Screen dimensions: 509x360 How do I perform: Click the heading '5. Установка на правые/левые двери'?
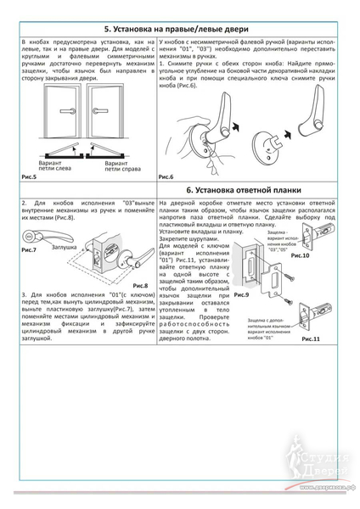point(180,27)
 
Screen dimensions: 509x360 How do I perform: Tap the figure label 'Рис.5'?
point(28,176)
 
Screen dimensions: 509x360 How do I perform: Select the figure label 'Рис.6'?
point(166,176)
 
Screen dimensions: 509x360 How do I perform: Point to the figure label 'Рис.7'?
point(28,251)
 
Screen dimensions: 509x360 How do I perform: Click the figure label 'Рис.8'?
point(139,286)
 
